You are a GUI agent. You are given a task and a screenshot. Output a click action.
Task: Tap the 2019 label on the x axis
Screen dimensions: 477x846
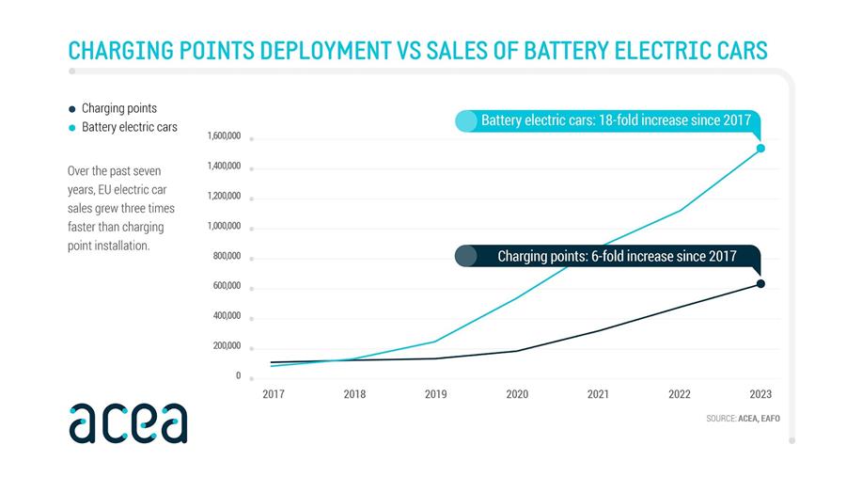435,394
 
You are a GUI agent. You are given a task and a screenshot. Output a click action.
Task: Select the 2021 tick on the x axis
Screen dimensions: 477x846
598,394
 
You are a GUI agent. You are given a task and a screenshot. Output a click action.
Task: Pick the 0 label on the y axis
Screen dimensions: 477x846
238,375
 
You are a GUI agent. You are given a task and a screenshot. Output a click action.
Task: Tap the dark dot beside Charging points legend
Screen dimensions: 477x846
72,109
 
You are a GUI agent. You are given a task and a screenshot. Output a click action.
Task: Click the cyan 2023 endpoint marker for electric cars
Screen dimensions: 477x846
760,148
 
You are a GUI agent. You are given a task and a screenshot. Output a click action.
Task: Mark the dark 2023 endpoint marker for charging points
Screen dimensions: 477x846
760,283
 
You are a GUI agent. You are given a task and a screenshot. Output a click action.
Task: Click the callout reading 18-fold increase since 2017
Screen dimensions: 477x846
616,120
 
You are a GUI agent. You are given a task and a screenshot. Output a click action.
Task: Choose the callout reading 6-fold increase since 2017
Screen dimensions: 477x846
616,256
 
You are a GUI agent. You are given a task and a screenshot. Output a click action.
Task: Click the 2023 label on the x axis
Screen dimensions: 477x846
760,394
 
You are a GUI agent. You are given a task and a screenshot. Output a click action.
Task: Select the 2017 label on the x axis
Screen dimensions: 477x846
273,394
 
